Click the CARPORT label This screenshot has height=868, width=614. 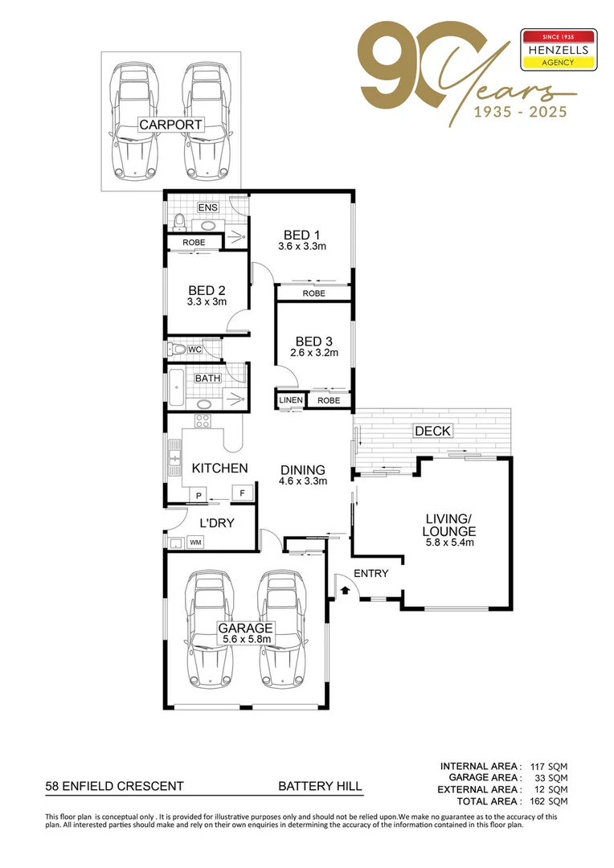tap(170, 125)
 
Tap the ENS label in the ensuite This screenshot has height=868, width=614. tap(208, 208)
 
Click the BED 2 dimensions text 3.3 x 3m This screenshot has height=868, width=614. tap(207, 302)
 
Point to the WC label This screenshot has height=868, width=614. tap(194, 350)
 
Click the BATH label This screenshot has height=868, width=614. tap(207, 378)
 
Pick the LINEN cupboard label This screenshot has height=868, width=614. tap(290, 400)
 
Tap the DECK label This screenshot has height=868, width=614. tap(432, 432)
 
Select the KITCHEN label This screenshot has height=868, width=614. tap(219, 468)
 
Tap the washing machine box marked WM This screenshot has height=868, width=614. tap(194, 543)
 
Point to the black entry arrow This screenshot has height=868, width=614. tap(345, 591)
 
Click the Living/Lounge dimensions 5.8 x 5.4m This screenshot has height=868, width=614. tap(450, 542)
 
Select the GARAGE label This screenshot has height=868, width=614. tap(247, 628)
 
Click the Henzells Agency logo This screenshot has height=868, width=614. tap(559, 49)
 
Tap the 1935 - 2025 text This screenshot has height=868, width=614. tap(519, 112)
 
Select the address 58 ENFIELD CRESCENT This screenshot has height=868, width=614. tap(114, 786)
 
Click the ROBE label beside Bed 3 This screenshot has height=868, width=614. tap(328, 400)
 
